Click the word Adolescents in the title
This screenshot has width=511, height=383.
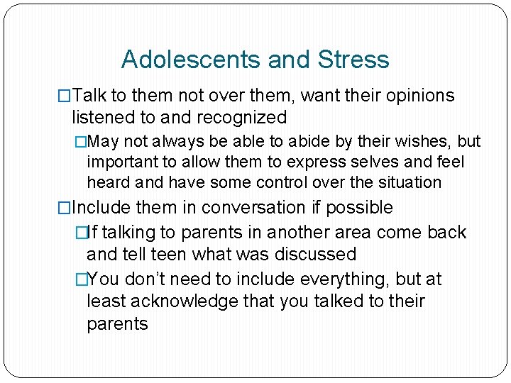click(x=181, y=59)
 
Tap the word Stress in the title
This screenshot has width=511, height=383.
click(x=353, y=59)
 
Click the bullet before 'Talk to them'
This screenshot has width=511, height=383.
click(x=65, y=96)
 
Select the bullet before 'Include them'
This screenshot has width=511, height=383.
click(x=65, y=208)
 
